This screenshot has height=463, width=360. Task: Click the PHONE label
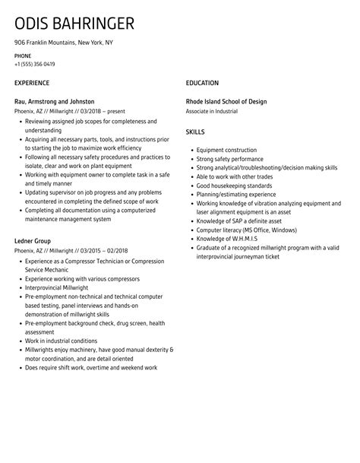pyautogui.click(x=23, y=56)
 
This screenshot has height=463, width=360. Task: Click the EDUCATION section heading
pyautogui.click(x=202, y=82)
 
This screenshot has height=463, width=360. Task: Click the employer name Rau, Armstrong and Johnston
pyautogui.click(x=55, y=101)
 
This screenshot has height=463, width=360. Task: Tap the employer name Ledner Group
pyautogui.click(x=33, y=241)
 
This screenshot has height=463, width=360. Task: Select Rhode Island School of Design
pyautogui.click(x=226, y=101)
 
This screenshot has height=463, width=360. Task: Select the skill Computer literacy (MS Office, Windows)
pyautogui.click(x=247, y=230)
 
